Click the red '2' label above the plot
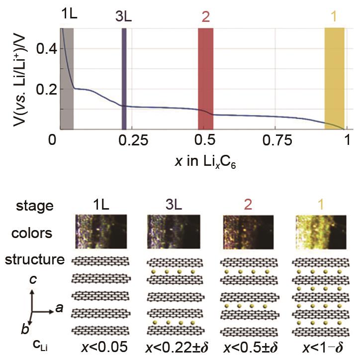coord(205,17)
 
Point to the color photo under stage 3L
coord(175,232)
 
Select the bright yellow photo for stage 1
coord(321,232)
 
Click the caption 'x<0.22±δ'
coord(176,346)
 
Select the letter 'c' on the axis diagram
coord(33,280)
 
